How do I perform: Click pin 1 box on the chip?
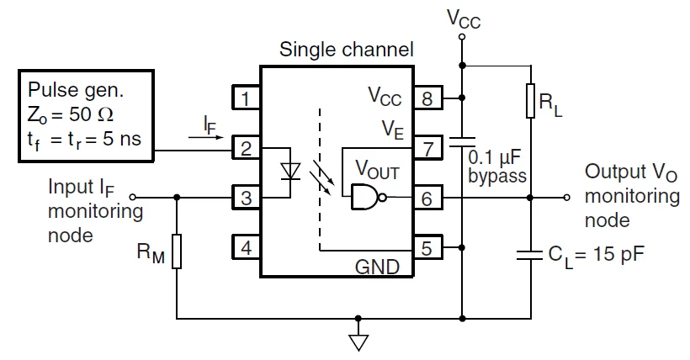coord(245,99)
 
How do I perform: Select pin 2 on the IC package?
coord(245,149)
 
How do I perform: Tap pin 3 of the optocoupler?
coord(245,199)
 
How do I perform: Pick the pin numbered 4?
coord(245,248)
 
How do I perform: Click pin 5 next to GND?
coord(427,248)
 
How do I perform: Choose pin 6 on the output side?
coord(427,199)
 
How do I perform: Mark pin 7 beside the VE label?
coord(427,150)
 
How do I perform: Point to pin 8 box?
coord(427,99)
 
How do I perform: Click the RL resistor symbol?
coord(531,101)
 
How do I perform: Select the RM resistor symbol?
coord(177,253)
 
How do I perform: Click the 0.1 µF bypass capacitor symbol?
coord(462,141)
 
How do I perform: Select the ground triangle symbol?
coord(359,341)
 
